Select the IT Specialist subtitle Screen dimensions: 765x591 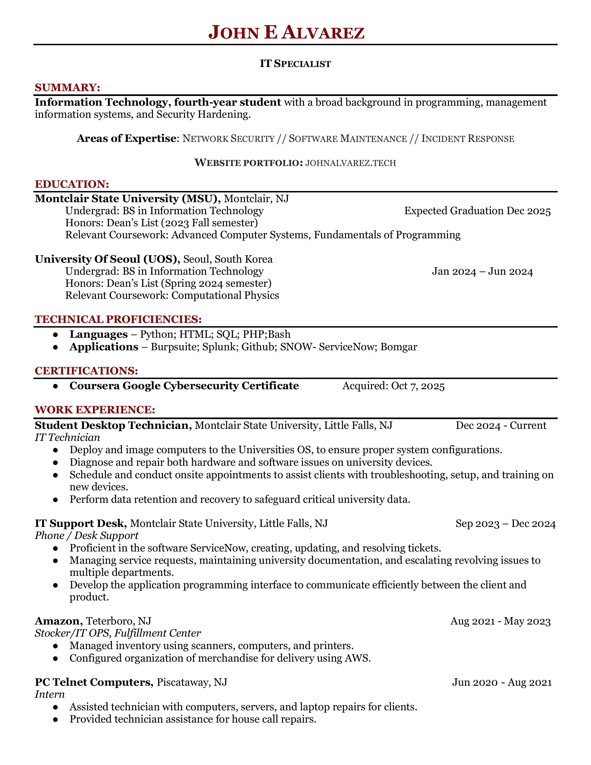(295, 64)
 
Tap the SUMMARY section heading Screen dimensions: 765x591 (67, 88)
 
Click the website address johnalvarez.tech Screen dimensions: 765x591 (350, 163)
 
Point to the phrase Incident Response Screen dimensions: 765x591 (467, 139)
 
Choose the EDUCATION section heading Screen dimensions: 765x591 (72, 184)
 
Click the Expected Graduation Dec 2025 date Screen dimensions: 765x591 (477, 211)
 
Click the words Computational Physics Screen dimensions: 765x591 (225, 296)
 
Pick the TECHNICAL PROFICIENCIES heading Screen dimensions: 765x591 (118, 319)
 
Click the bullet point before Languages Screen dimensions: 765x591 (55, 335)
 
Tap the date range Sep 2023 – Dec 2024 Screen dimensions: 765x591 (505, 524)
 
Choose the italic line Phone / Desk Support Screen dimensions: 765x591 (86, 535)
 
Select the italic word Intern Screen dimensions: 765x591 (50, 695)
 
